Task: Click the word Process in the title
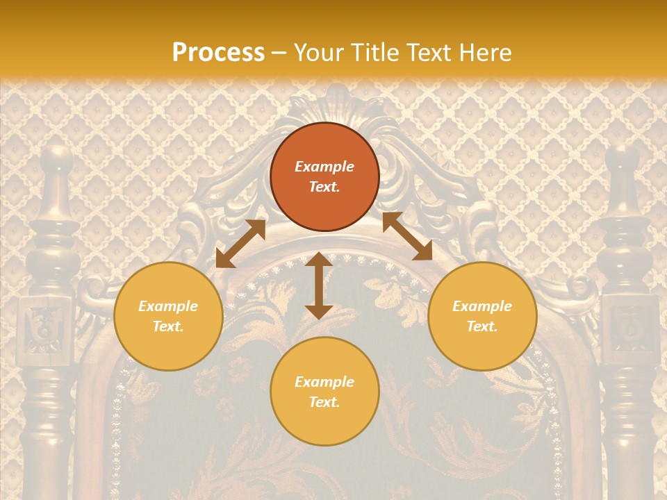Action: (218, 53)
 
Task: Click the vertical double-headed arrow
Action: (319, 285)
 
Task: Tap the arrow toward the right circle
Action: (407, 236)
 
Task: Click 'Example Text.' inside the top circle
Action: (324, 177)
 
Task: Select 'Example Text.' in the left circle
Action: (168, 316)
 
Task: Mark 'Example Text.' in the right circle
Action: (482, 316)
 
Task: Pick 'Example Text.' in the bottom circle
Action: (324, 392)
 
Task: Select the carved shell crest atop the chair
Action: (338, 104)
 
